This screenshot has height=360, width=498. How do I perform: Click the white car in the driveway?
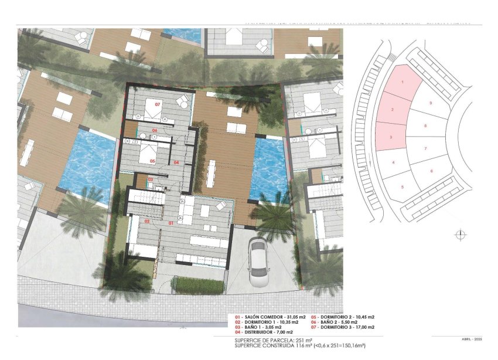point(258,262)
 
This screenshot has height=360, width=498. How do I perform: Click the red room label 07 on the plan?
point(157,104)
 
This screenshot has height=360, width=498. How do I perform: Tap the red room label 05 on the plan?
point(152,161)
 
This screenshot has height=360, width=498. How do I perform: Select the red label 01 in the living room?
point(171,223)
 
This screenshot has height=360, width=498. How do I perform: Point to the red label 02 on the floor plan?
point(147,222)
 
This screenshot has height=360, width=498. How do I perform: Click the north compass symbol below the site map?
point(461,235)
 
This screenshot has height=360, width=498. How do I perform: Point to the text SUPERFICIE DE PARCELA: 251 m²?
point(270,340)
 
